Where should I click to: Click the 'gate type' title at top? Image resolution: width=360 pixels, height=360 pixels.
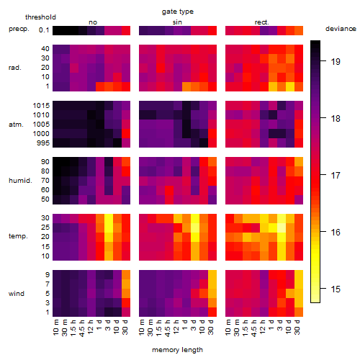(x=178, y=12)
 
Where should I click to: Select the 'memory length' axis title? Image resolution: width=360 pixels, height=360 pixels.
(x=177, y=350)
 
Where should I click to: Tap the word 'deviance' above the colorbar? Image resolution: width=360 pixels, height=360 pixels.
(x=341, y=29)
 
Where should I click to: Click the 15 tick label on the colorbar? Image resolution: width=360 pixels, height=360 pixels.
(x=336, y=289)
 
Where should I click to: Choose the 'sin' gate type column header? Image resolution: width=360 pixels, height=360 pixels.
(x=177, y=22)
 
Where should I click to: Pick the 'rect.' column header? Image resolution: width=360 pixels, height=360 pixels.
(x=261, y=22)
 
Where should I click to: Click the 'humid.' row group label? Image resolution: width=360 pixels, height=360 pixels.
(x=20, y=181)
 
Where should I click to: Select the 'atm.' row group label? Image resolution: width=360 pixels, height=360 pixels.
(x=16, y=125)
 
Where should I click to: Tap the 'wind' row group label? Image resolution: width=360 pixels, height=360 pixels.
(x=17, y=293)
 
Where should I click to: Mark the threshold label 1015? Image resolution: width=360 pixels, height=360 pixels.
(x=41, y=106)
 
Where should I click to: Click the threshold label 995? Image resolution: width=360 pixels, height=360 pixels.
(x=43, y=143)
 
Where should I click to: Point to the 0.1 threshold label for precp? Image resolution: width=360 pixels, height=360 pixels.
(x=44, y=30)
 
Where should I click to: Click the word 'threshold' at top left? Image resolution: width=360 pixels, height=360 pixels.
(x=40, y=17)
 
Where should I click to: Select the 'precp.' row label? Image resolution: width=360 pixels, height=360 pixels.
(x=19, y=29)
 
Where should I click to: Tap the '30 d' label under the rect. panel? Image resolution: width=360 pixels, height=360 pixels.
(x=297, y=327)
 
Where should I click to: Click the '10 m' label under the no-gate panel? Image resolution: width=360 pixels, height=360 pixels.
(x=55, y=327)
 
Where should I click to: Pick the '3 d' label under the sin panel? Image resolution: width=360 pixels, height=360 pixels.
(x=194, y=325)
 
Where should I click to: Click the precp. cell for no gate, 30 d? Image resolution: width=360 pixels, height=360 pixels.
(x=126, y=30)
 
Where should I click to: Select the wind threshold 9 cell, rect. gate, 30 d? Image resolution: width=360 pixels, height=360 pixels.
(x=299, y=274)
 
